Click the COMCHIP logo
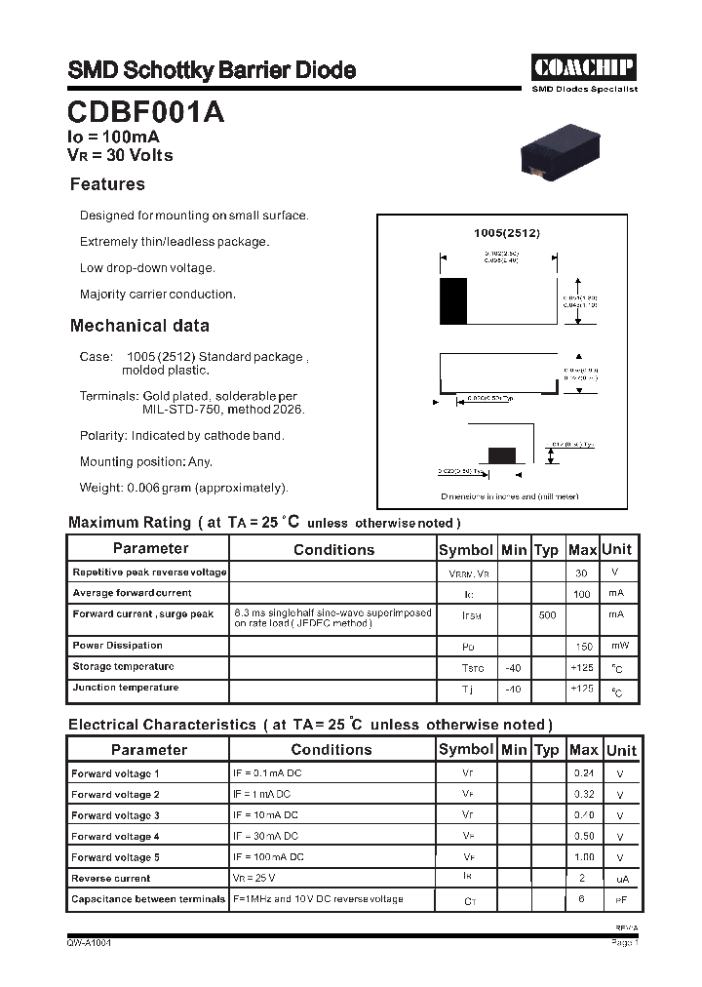coord(584,67)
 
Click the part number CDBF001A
coord(146,113)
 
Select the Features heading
coord(107,184)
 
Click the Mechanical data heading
coord(139,326)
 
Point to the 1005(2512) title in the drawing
coord(506,233)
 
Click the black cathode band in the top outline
coord(453,301)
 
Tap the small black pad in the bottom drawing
coord(502,454)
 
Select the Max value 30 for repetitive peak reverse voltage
coord(581,573)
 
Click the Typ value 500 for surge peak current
coord(547,615)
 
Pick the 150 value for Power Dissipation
coord(583,647)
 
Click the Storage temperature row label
coord(123,667)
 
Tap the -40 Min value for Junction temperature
coord(513,689)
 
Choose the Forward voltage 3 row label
coord(115,815)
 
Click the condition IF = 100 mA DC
coord(268,857)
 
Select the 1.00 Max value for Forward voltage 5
coord(583,857)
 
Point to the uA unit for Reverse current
coord(622,879)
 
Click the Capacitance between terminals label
coord(148,899)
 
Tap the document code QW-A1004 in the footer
coord(89,943)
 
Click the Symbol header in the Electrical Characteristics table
coord(466,749)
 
